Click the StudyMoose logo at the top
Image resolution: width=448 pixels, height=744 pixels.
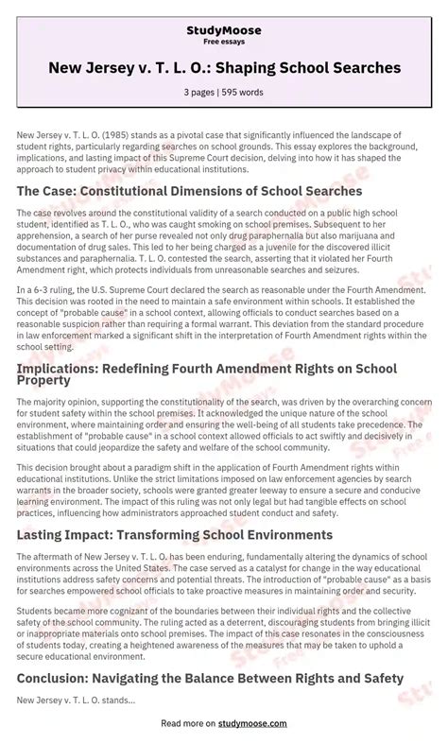coord(224,30)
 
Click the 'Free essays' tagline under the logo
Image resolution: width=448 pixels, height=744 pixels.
coord(224,43)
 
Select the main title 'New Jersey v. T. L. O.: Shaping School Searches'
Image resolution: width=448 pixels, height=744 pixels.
coord(224,68)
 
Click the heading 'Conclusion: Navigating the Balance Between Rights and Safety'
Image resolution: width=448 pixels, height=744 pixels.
coord(210,678)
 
